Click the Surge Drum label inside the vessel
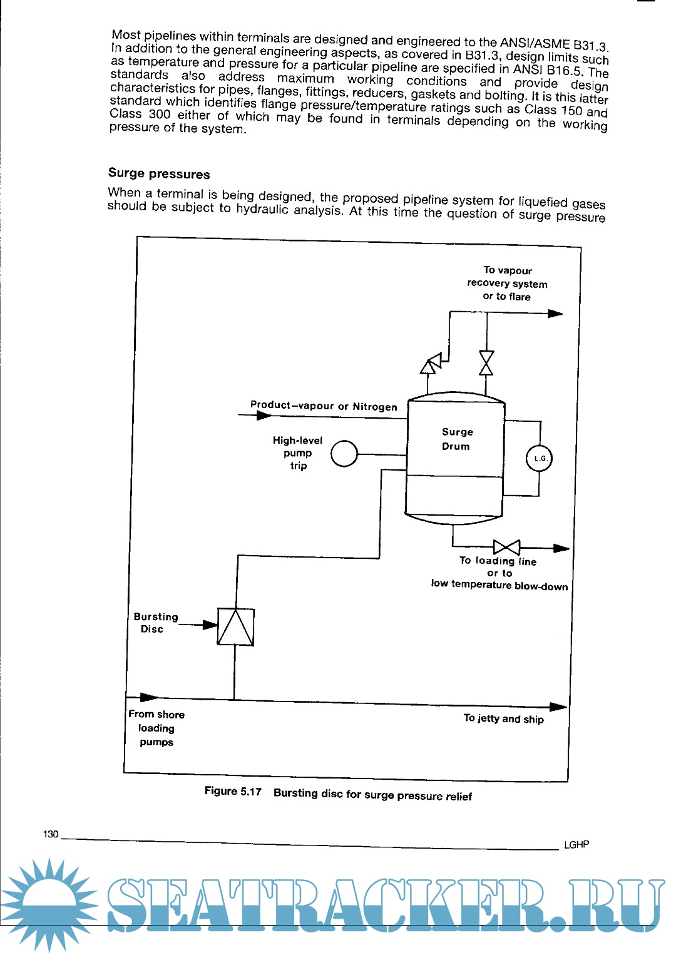pyautogui.click(x=456, y=439)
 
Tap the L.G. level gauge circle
pyautogui.click(x=539, y=458)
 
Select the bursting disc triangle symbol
pyautogui.click(x=235, y=626)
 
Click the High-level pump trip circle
pyautogui.click(x=344, y=454)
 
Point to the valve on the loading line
pyautogui.click(x=506, y=548)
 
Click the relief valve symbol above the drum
pyautogui.click(x=431, y=364)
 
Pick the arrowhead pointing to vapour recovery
pyautogui.click(x=555, y=313)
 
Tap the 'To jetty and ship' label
pyautogui.click(x=503, y=718)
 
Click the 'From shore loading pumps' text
pyautogui.click(x=156, y=728)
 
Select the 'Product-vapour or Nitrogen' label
pyautogui.click(x=324, y=406)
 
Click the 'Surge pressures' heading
pyautogui.click(x=159, y=173)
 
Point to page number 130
pyautogui.click(x=51, y=834)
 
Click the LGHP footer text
pyautogui.click(x=576, y=844)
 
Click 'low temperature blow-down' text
pyautogui.click(x=499, y=585)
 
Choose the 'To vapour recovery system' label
pyautogui.click(x=507, y=283)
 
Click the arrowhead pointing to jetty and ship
pyautogui.click(x=558, y=707)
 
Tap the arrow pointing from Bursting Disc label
pyautogui.click(x=209, y=625)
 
